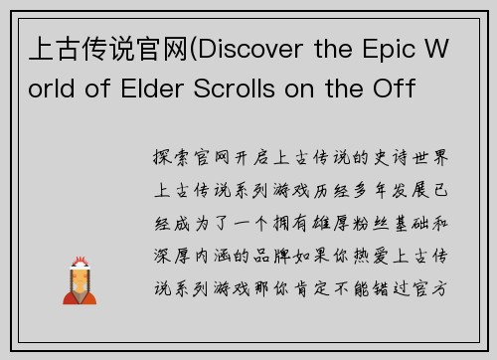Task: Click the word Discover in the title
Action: coord(256,50)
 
